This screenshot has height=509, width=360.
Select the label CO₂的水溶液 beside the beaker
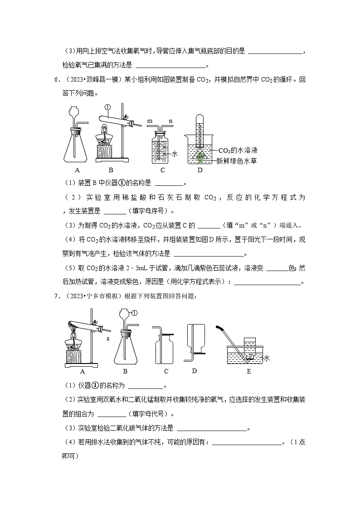[238, 150]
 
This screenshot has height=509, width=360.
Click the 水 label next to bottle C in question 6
[175, 154]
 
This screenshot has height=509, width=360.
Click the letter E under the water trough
[248, 372]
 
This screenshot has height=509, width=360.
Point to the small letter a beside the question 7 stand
[108, 338]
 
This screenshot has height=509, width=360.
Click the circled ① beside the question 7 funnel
[135, 313]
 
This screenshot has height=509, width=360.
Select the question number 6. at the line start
[57, 80]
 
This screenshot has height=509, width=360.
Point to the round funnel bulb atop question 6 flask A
[76, 111]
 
